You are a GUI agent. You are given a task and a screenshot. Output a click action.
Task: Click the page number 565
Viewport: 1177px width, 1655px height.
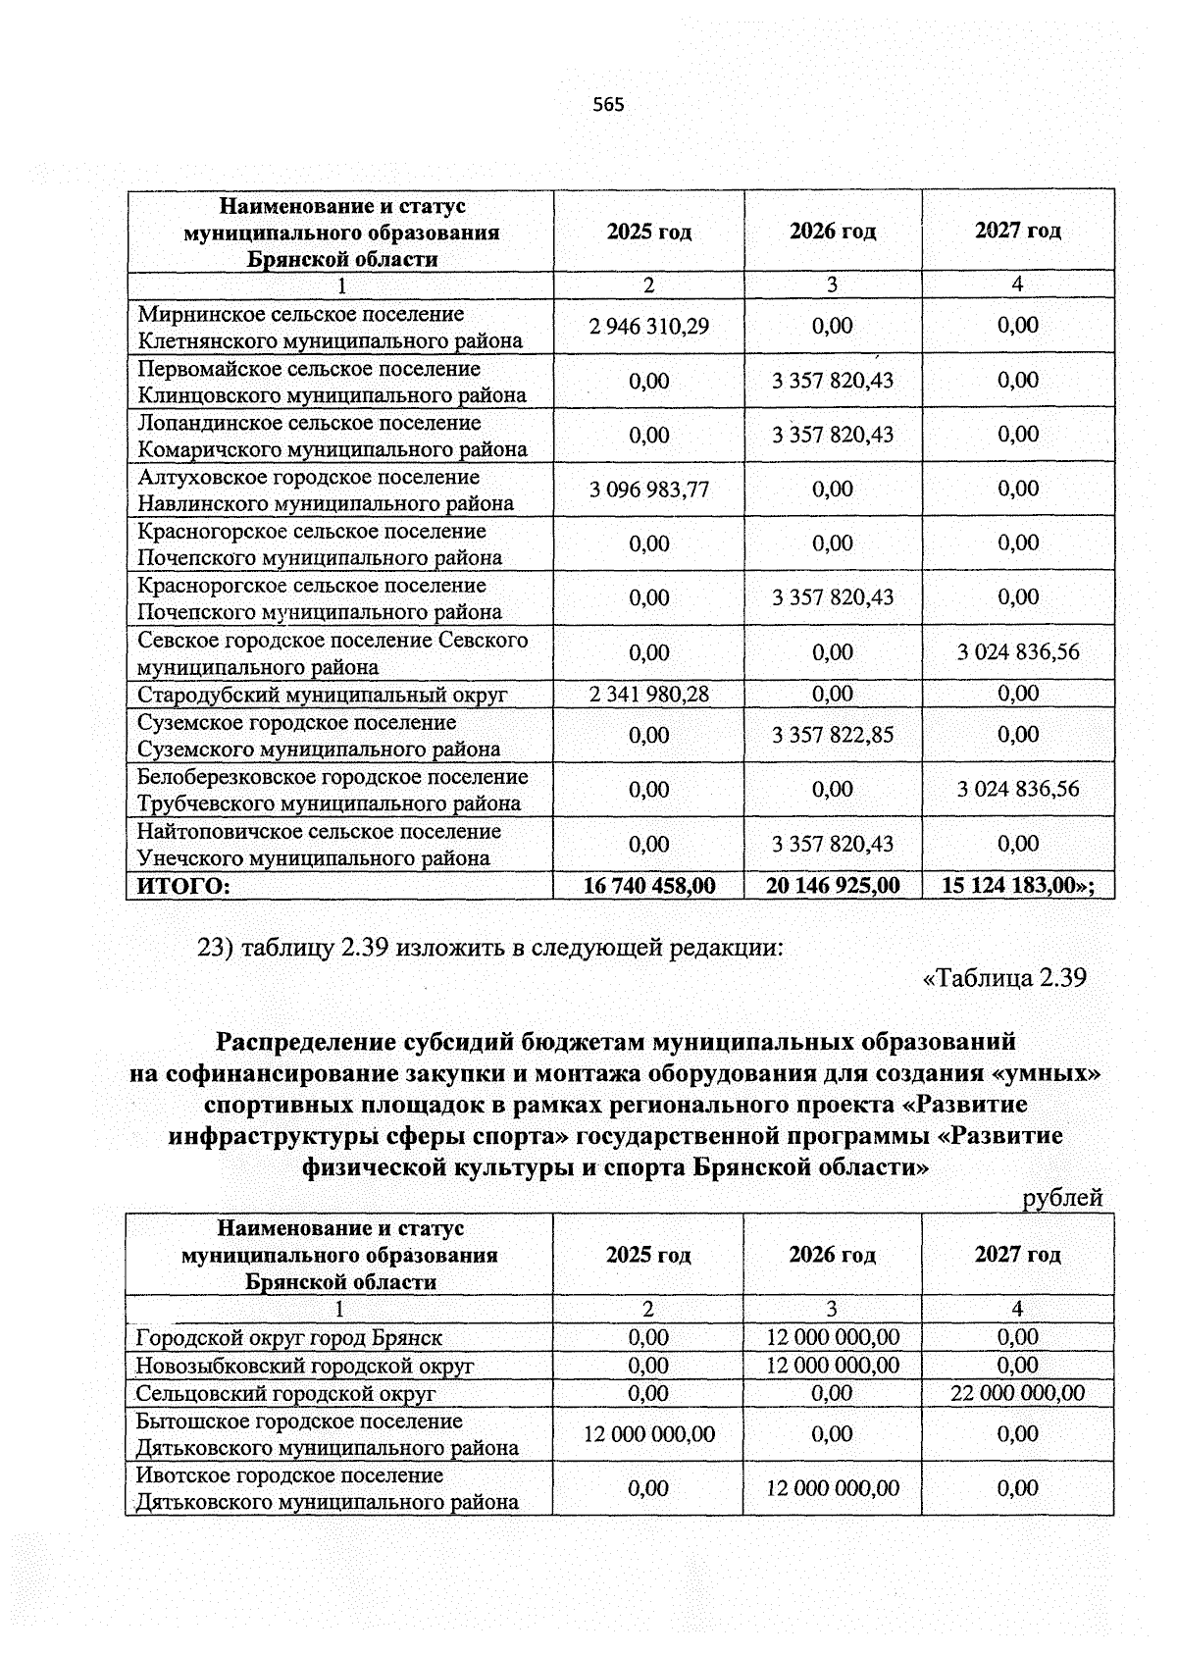(x=608, y=105)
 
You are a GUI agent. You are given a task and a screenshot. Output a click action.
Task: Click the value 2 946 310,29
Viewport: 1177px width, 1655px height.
(x=649, y=326)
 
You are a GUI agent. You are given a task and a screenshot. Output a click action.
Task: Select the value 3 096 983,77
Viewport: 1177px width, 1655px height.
(x=649, y=489)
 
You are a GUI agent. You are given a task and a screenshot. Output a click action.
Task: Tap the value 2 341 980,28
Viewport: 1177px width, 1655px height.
(x=649, y=695)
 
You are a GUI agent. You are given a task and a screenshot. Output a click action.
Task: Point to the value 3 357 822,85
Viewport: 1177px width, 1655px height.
(x=833, y=735)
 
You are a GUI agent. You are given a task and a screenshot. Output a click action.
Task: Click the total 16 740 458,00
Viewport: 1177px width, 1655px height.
(x=649, y=886)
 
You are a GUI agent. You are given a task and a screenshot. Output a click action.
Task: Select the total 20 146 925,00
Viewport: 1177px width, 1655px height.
(x=833, y=886)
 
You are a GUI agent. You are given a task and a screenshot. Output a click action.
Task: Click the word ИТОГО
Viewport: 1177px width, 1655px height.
(x=183, y=887)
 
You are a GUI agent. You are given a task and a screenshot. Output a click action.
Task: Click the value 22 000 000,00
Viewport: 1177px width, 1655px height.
(x=1018, y=1393)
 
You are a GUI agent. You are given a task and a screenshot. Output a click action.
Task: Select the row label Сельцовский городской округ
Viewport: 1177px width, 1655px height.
(x=285, y=1394)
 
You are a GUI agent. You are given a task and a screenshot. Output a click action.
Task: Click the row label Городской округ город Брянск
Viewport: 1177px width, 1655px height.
(x=289, y=1338)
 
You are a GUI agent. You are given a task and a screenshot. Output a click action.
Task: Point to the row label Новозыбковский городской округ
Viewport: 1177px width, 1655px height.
(x=305, y=1366)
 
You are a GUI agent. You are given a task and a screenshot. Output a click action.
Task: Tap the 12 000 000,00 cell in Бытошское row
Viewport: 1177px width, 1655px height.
(x=649, y=1434)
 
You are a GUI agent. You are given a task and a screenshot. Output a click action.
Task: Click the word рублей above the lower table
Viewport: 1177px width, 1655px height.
(x=1062, y=1198)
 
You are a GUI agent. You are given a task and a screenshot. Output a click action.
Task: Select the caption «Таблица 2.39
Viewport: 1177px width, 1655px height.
(x=1004, y=978)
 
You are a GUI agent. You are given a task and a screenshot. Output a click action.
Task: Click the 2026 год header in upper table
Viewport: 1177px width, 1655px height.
(x=833, y=232)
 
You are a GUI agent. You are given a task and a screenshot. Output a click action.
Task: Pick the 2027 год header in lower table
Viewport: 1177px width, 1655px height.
(x=1018, y=1255)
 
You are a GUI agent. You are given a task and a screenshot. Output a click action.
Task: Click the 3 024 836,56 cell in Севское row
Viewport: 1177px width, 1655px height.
(x=1018, y=652)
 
